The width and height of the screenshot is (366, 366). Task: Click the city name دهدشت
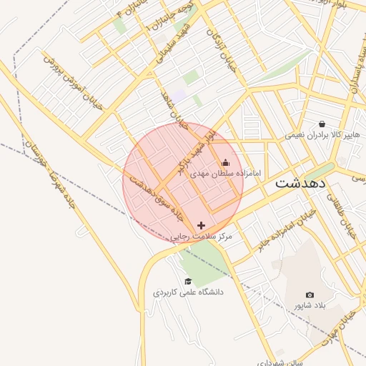click(x=300, y=182)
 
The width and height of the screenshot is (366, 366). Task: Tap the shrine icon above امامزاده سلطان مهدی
click(x=227, y=162)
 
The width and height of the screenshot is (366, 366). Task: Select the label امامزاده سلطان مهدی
click(x=227, y=174)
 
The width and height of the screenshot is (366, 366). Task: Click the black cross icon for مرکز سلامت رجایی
click(x=201, y=225)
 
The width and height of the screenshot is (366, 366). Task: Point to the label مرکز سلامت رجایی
click(x=203, y=236)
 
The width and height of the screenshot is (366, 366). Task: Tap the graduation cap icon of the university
click(x=188, y=281)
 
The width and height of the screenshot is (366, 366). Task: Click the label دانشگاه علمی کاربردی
click(x=188, y=292)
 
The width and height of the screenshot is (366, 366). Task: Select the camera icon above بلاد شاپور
click(x=310, y=295)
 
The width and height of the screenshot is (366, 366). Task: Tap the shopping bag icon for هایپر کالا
click(x=322, y=123)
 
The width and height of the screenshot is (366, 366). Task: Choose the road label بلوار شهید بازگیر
click(x=193, y=149)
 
